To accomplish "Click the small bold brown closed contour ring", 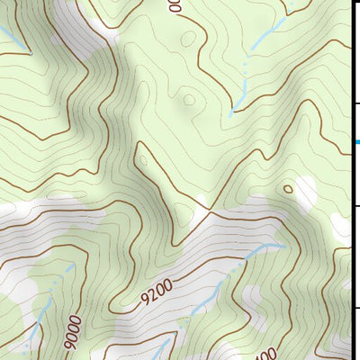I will [287, 189].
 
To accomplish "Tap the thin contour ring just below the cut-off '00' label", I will [186, 39].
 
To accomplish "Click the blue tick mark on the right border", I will [356, 142].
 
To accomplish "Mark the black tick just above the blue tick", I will [355, 105].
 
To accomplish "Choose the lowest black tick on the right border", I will [355, 308].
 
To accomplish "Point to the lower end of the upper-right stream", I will [231, 113].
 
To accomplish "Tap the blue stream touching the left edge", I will [9, 38].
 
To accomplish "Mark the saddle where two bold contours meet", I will [209, 211].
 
